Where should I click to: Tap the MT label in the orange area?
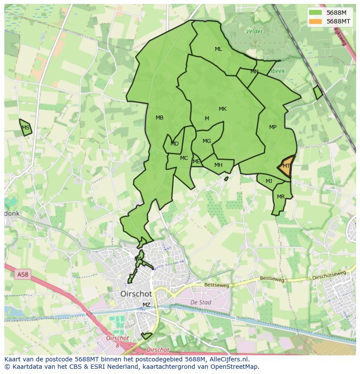pyautogui.click(x=286, y=166)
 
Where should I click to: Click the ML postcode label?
pyautogui.click(x=218, y=49)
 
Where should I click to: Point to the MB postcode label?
pyautogui.click(x=160, y=118)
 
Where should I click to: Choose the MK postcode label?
pyautogui.click(x=223, y=109)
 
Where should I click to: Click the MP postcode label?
pyautogui.click(x=273, y=127)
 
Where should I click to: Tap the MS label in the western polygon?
pyautogui.click(x=26, y=128)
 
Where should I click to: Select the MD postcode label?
pyautogui.click(x=174, y=144)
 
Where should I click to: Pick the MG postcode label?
pyautogui.click(x=207, y=141)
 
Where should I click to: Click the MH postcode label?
pyautogui.click(x=218, y=165)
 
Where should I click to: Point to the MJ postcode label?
pyautogui.click(x=269, y=181)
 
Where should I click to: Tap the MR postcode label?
pyautogui.click(x=281, y=197)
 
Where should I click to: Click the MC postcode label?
pyautogui.click(x=184, y=158)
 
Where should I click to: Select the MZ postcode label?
pyautogui.click(x=147, y=305)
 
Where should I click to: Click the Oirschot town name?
pyautogui.click(x=136, y=294)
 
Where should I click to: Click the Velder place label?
pyautogui.click(x=254, y=31)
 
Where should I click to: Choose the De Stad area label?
pyautogui.click(x=201, y=302)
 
